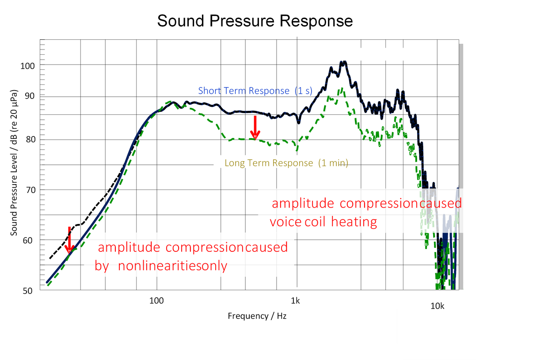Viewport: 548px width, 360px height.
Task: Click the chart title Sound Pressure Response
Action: point(255,21)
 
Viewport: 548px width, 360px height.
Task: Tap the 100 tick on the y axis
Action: point(28,65)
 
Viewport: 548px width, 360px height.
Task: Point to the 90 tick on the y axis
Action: point(29,96)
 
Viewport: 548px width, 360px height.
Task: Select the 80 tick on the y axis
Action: point(29,140)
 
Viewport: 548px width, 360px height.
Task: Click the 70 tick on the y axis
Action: point(29,190)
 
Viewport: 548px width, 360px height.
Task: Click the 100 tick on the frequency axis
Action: point(156,301)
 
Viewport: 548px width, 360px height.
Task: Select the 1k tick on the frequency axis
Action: point(295,301)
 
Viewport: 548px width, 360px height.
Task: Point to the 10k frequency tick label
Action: point(438,306)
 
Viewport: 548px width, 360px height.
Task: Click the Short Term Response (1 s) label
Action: point(255,91)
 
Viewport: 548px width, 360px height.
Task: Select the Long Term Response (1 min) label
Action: point(286,163)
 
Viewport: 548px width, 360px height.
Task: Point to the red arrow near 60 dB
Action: point(69,241)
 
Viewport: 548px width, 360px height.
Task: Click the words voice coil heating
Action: point(323,222)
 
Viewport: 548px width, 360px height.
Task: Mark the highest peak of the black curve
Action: point(343,62)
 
